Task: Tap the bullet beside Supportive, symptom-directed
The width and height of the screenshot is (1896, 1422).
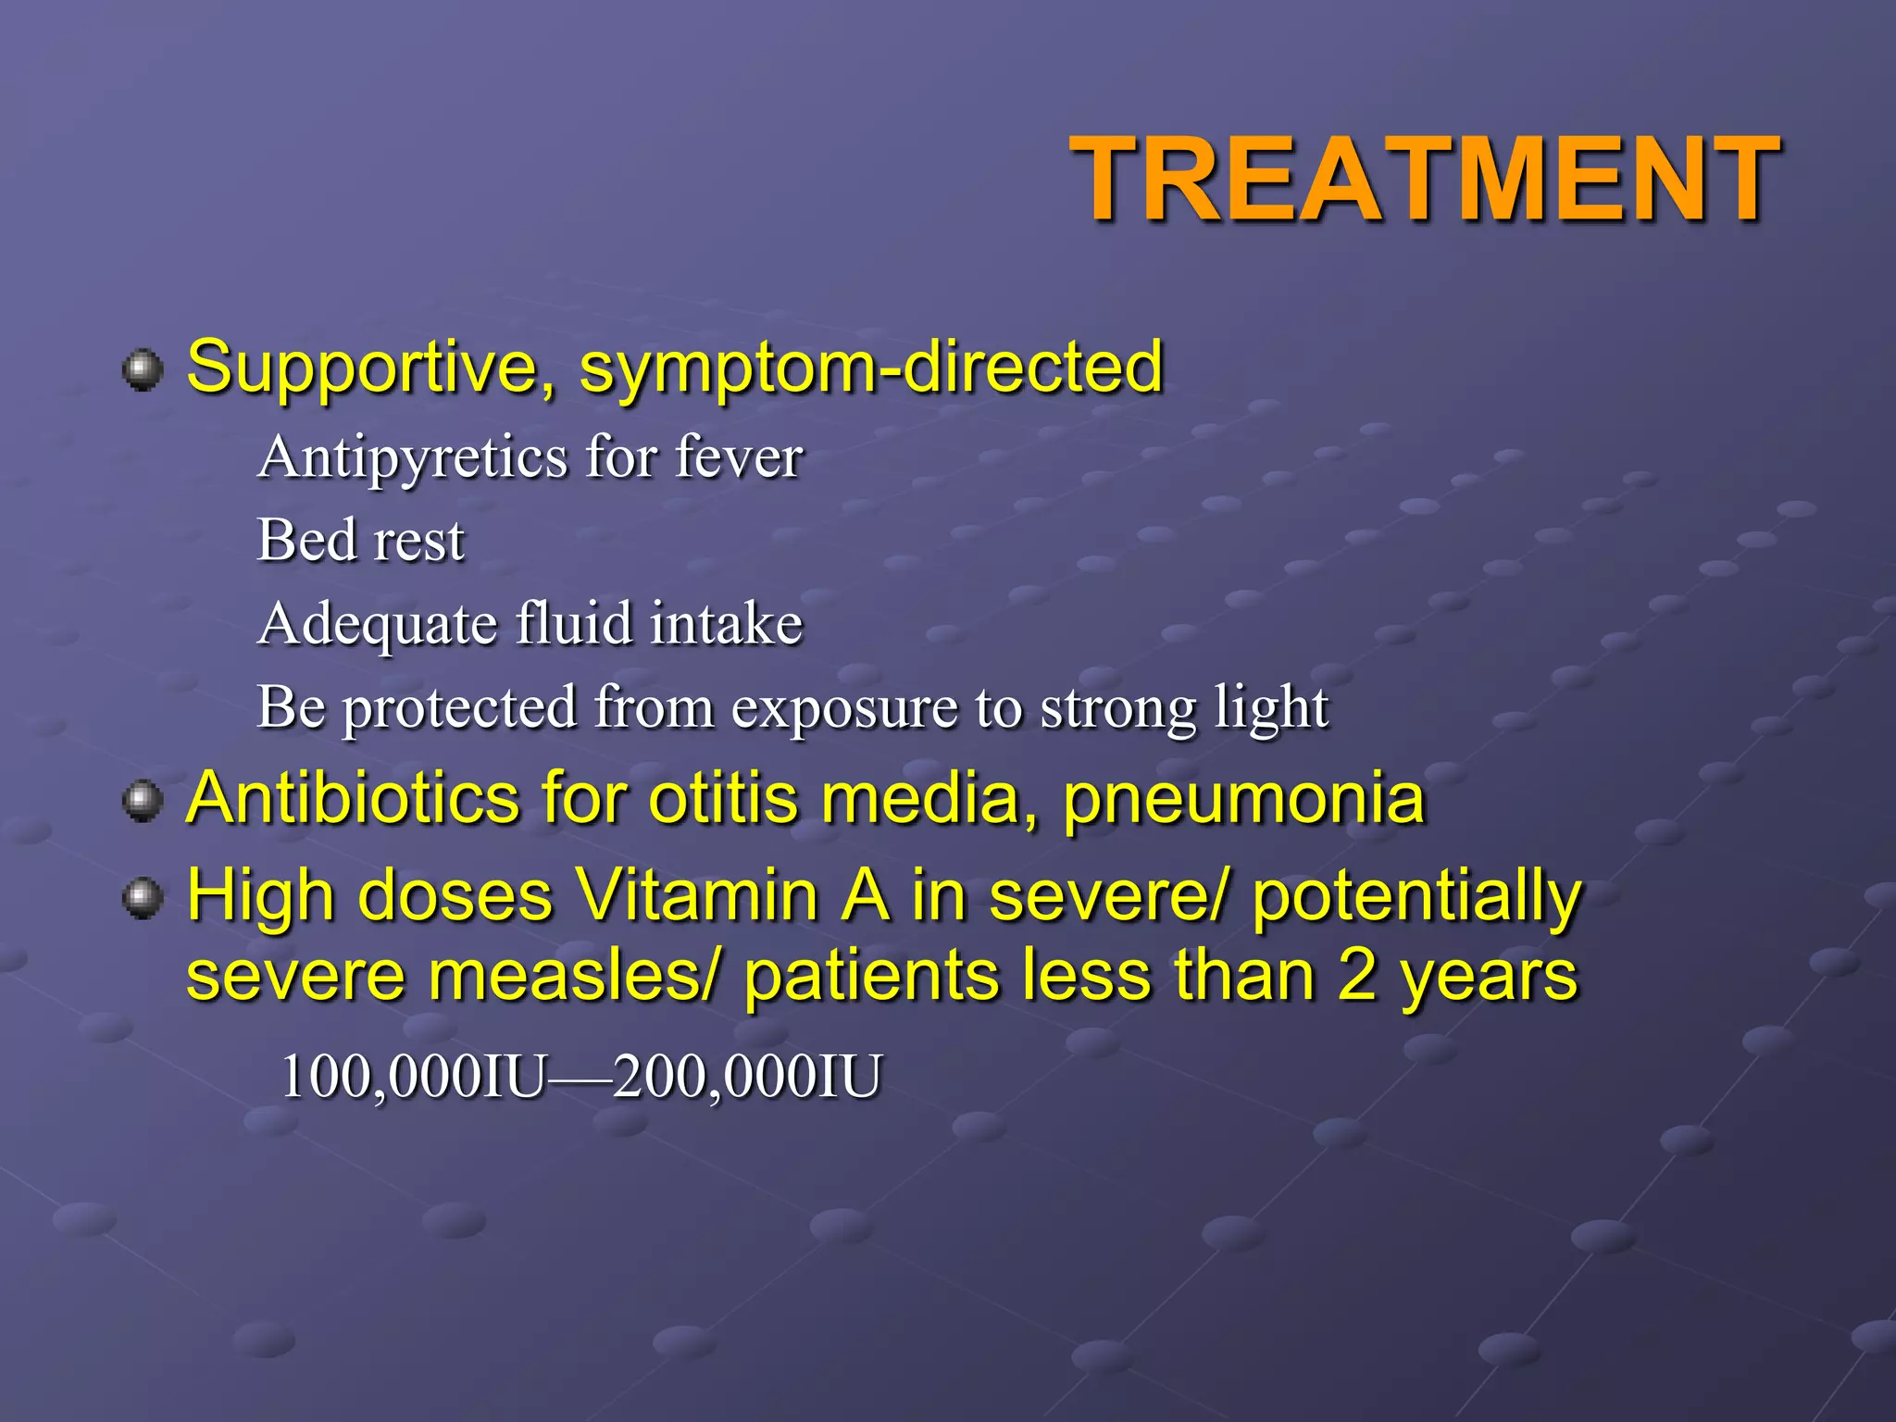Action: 142,370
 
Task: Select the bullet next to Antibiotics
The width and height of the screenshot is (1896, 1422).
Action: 142,801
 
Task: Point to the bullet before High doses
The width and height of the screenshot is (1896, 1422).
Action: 142,898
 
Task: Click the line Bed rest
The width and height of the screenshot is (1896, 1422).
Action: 360,540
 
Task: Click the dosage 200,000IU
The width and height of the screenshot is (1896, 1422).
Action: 746,1077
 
